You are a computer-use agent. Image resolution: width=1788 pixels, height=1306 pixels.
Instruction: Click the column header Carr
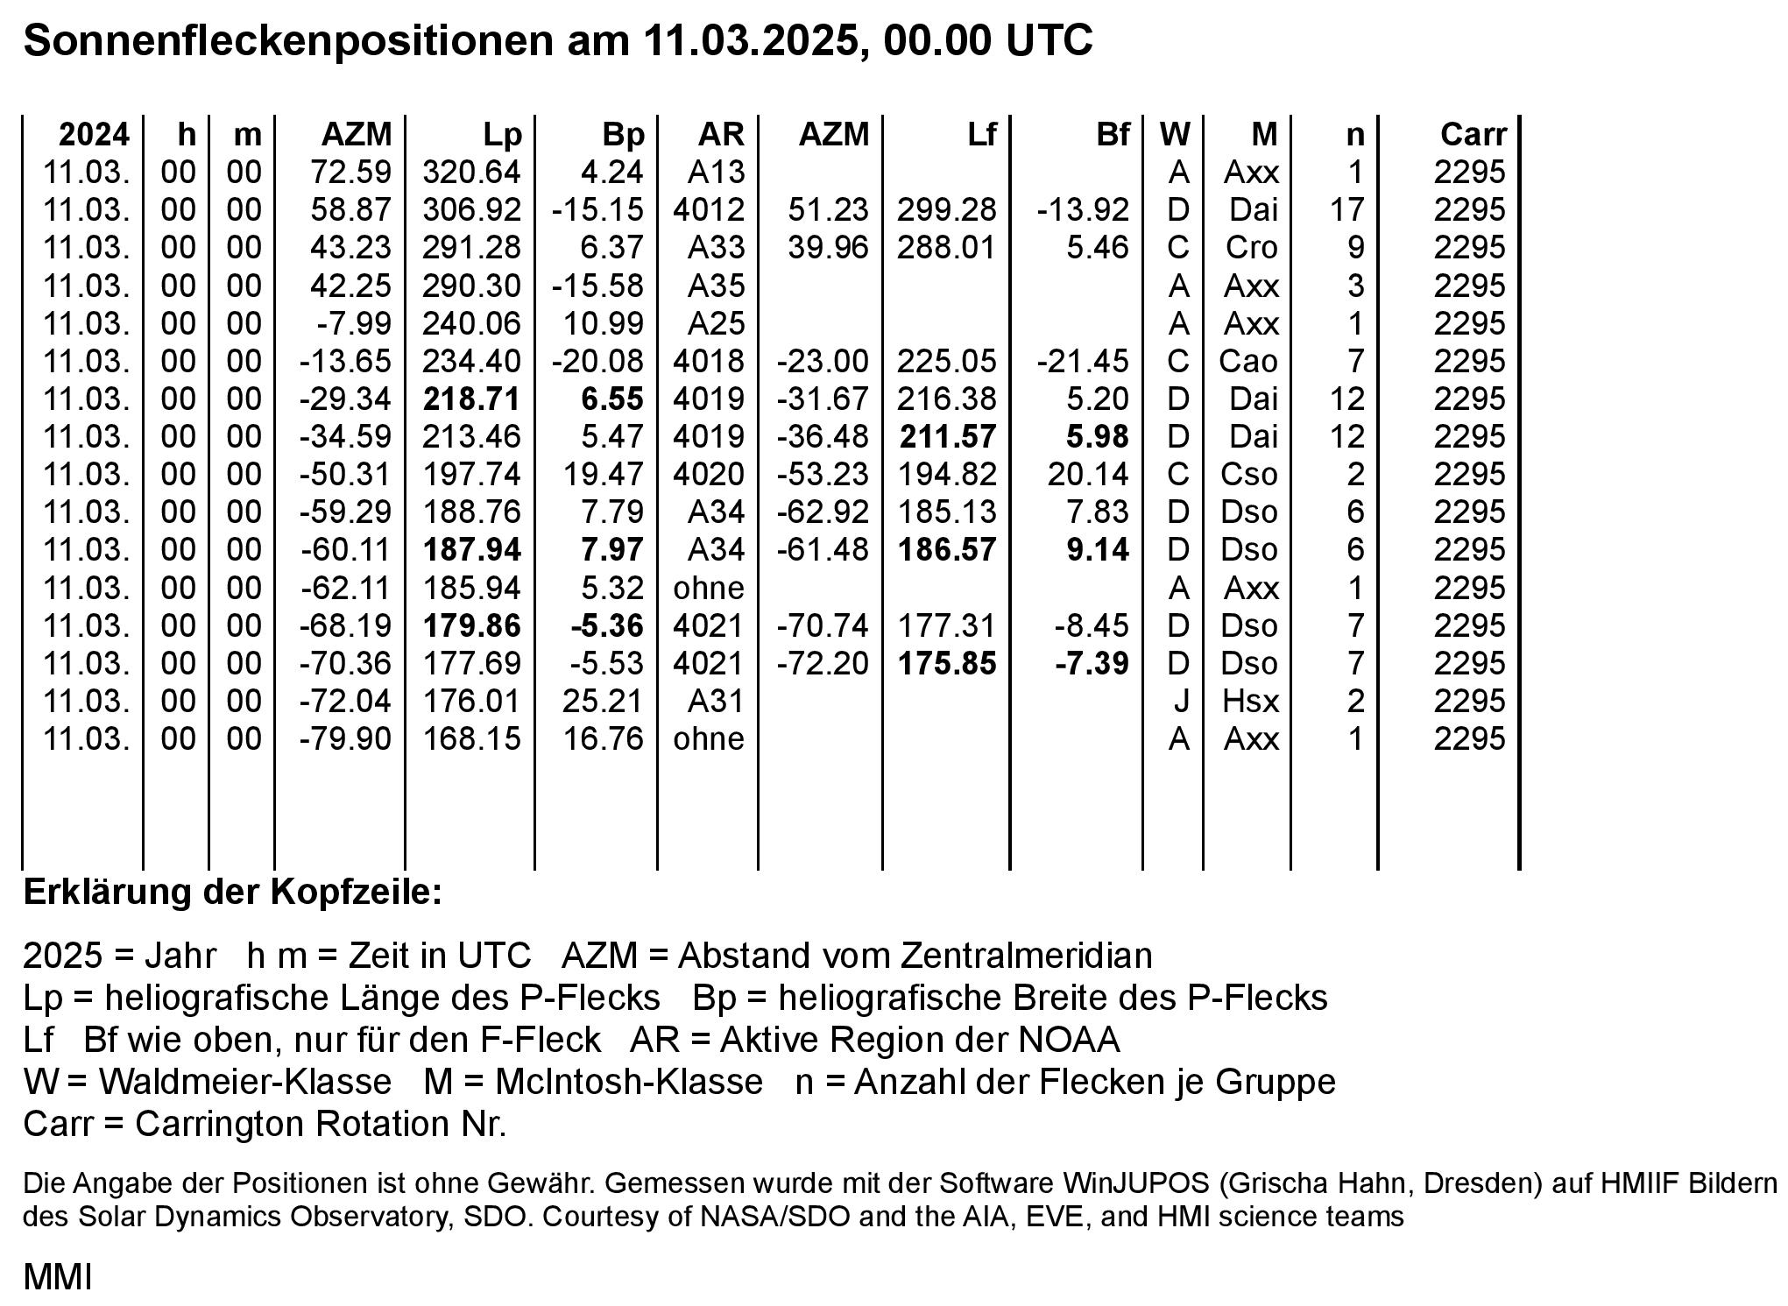(1474, 134)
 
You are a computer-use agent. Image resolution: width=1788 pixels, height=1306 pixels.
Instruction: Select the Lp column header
(502, 134)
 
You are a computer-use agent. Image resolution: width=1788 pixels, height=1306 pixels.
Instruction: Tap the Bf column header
(1113, 134)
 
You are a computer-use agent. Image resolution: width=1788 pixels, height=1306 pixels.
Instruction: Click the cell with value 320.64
(471, 172)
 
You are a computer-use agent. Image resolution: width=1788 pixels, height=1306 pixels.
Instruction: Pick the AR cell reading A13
(716, 172)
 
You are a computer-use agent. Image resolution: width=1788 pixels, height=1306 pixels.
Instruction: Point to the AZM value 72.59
(350, 172)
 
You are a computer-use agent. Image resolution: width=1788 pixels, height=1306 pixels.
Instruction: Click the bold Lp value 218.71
(471, 399)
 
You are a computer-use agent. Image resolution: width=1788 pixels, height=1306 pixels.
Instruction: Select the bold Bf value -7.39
(1092, 663)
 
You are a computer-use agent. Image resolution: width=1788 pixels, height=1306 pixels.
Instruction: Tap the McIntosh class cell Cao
(1248, 361)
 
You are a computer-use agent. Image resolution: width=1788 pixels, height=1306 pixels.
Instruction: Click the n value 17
(1346, 209)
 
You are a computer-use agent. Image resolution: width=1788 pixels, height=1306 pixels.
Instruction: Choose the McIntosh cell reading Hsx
(1251, 701)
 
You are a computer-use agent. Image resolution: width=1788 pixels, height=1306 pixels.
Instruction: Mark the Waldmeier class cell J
(1178, 701)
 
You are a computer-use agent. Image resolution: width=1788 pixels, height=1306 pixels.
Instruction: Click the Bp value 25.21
(603, 701)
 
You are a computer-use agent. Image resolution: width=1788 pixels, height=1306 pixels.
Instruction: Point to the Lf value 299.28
(946, 209)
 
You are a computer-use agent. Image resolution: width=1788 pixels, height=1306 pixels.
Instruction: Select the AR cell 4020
(708, 474)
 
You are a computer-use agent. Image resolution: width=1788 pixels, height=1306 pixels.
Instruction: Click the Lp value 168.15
(471, 738)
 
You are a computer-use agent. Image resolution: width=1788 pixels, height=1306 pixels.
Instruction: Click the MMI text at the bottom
(58, 1278)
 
